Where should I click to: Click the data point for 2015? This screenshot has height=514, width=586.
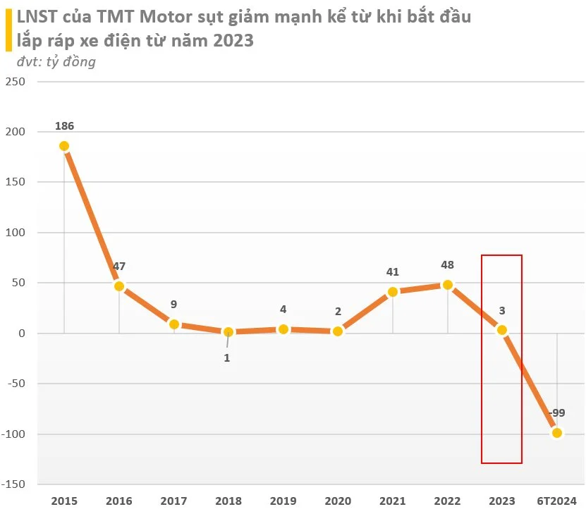[64, 146]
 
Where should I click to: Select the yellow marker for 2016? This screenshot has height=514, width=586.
[119, 286]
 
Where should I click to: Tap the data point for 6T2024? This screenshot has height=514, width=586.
[557, 433]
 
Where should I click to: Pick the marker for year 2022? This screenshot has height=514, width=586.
[447, 285]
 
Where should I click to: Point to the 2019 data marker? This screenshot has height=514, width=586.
[283, 329]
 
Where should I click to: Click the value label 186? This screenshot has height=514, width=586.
[65, 126]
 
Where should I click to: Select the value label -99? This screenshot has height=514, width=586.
[557, 413]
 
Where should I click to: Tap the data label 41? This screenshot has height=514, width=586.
[393, 272]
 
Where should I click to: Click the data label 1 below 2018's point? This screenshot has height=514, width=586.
[227, 358]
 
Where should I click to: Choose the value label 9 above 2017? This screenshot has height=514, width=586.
[173, 304]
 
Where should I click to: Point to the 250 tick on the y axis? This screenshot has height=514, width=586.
[16, 81]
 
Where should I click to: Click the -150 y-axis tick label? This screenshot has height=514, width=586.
[13, 484]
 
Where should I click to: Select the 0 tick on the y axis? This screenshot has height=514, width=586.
[22, 334]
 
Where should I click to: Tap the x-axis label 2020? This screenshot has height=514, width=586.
[338, 501]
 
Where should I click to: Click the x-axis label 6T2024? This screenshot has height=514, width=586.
[557, 501]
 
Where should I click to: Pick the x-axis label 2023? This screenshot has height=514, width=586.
[502, 501]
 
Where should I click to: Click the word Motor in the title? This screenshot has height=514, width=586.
[166, 17]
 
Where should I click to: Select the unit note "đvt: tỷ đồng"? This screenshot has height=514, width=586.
[56, 61]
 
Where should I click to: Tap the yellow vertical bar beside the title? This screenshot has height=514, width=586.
[8, 30]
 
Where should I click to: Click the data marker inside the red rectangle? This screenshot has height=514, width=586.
[502, 330]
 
